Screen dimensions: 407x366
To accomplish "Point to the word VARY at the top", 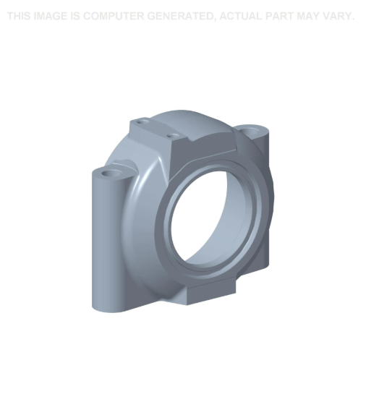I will point(339,16).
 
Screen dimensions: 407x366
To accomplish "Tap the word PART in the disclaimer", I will point(284,16).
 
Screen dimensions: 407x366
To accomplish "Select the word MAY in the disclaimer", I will point(310,16).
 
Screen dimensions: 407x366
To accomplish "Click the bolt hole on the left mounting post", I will point(111,174).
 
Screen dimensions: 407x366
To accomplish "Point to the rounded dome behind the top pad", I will point(190,120).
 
